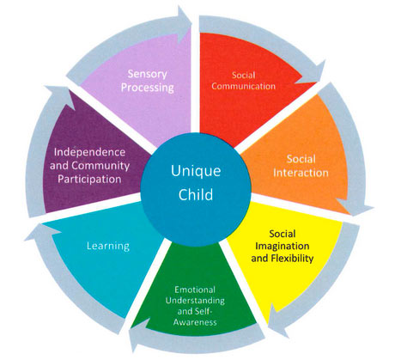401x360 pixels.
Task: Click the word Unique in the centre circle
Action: tap(196, 172)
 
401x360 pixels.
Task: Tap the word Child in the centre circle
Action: tap(196, 194)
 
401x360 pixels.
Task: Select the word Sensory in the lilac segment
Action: tap(148, 74)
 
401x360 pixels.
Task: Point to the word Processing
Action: tap(148, 88)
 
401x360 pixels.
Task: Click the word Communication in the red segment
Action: tap(244, 86)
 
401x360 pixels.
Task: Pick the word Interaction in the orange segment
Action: tap(301, 173)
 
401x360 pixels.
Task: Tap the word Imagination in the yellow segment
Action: tap(283, 247)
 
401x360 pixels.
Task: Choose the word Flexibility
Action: tap(292, 258)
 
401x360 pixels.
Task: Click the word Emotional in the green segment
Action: tap(195, 290)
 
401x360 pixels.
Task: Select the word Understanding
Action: tap(195, 301)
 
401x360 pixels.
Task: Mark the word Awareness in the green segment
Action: tap(195, 322)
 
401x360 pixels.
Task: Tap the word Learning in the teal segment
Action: tap(108, 246)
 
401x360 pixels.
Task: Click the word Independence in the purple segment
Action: tap(89, 152)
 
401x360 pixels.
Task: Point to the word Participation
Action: tap(89, 180)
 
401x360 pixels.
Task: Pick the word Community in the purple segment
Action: tap(100, 166)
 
